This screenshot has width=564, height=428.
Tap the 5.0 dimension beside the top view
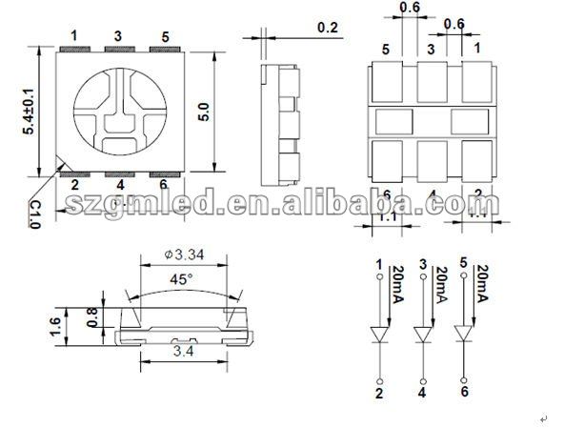click(202, 111)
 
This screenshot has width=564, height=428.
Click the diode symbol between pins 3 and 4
click(422, 335)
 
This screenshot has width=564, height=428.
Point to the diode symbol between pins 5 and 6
click(464, 335)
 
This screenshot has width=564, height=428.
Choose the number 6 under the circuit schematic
click(465, 392)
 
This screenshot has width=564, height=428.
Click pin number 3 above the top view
click(117, 36)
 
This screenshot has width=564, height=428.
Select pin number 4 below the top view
click(118, 185)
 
